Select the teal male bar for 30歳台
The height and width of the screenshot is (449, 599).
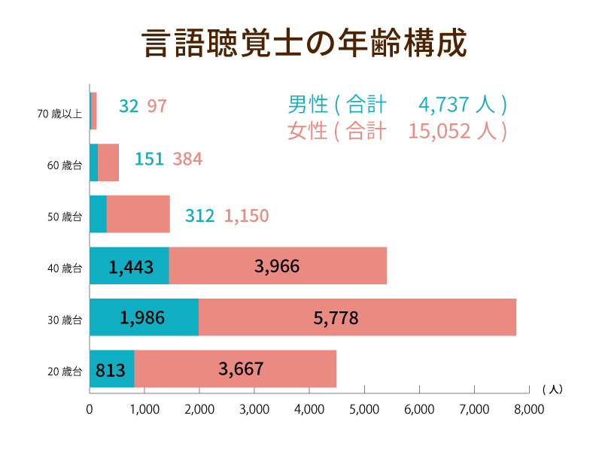(x=144, y=317)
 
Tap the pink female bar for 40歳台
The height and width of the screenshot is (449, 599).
(x=277, y=265)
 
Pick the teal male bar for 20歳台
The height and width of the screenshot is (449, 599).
(x=111, y=369)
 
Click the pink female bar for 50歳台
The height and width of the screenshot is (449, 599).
(x=138, y=214)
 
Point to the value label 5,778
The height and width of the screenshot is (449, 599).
(x=336, y=317)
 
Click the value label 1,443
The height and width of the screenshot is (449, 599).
(x=131, y=266)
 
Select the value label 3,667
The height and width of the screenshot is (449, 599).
(x=241, y=369)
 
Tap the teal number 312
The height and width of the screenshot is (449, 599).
(x=199, y=216)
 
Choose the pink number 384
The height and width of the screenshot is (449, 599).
(x=187, y=159)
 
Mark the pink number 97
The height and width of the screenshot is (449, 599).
(x=157, y=106)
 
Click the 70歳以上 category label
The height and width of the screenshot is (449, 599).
(x=59, y=114)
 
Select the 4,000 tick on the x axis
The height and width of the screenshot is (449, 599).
(x=309, y=410)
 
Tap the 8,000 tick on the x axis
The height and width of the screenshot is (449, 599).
(x=529, y=410)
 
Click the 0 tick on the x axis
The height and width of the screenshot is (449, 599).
(x=90, y=410)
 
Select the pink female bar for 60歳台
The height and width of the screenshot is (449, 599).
(x=108, y=162)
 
